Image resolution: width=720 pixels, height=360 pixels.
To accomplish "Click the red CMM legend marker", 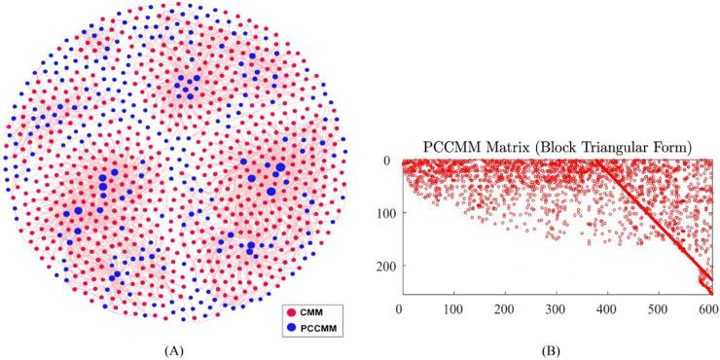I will coord(288,311).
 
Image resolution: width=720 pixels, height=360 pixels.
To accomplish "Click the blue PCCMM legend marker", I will coord(288,327).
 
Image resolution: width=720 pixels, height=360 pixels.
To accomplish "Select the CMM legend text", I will coord(309,311).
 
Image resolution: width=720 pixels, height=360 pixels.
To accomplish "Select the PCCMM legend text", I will coord(315,327).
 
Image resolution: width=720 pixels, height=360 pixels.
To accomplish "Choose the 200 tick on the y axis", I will coord(383,266).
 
